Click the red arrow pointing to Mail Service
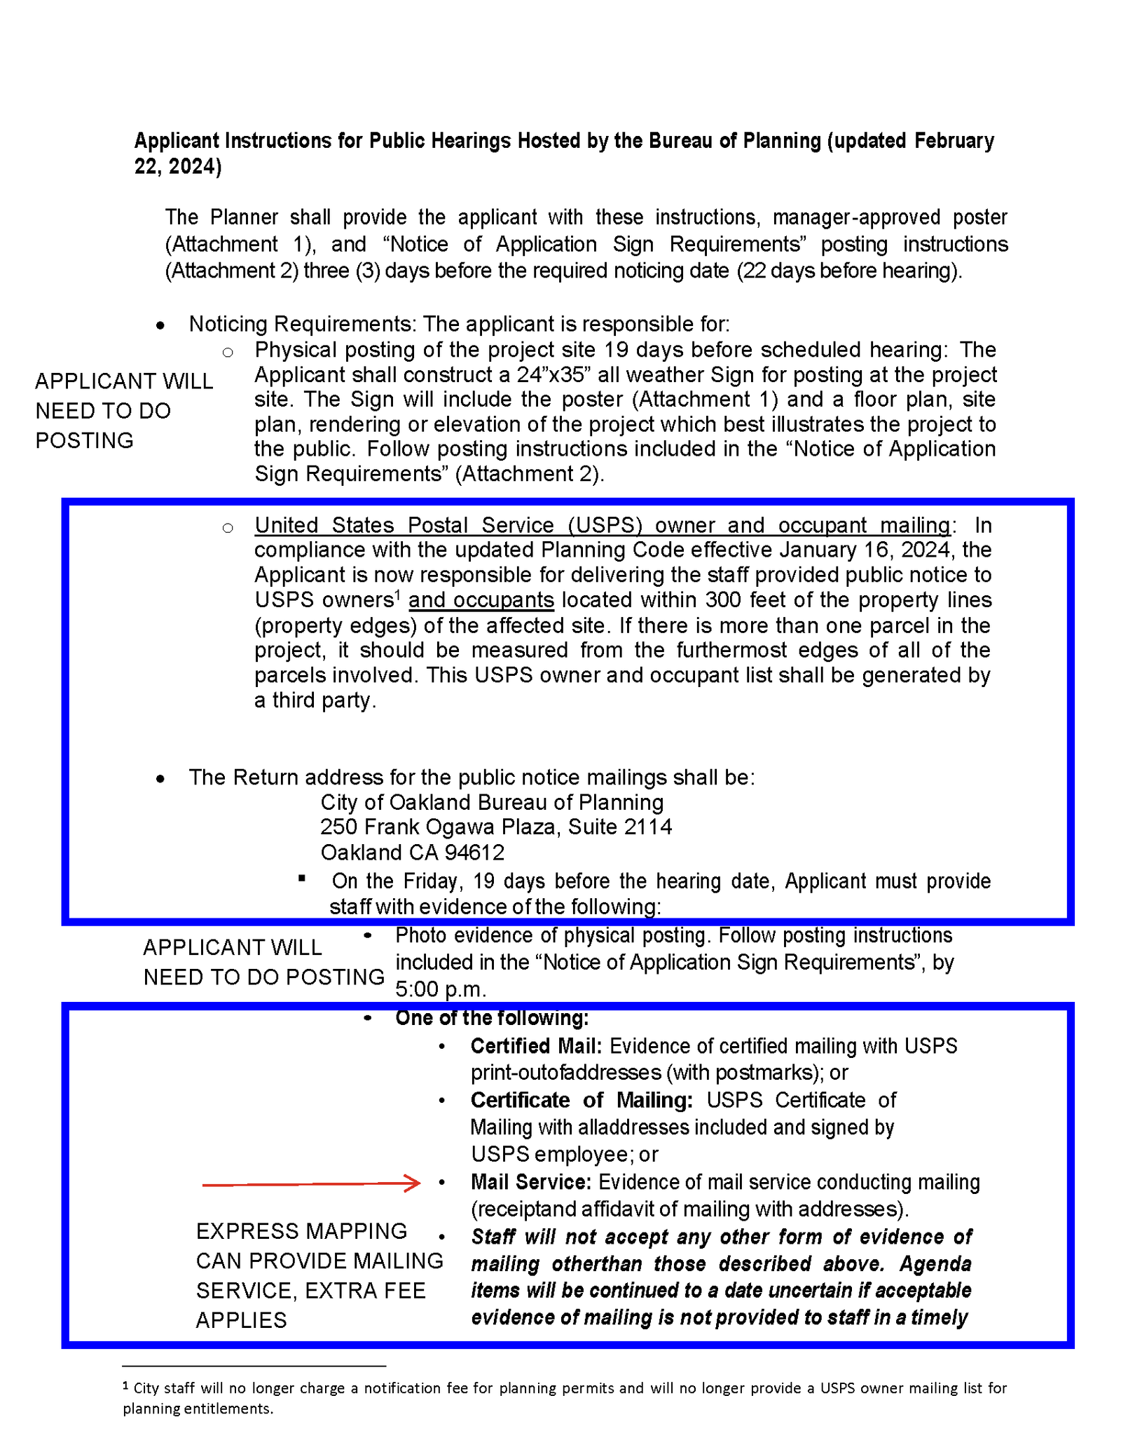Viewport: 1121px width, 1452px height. pyautogui.click(x=311, y=1184)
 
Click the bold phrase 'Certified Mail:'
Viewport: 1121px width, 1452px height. pyautogui.click(x=536, y=1046)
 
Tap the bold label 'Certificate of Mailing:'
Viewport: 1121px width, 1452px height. pyautogui.click(x=582, y=1100)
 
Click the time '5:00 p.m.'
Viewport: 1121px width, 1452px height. pyautogui.click(x=441, y=989)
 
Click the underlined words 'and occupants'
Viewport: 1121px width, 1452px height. pyautogui.click(x=481, y=600)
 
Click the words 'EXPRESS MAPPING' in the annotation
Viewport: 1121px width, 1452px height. pyautogui.click(x=301, y=1231)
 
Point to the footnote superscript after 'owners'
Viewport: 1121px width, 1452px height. pyautogui.click(x=397, y=595)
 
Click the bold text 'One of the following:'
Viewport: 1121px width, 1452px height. pyautogui.click(x=492, y=1018)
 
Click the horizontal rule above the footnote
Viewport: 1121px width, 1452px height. pyautogui.click(x=254, y=1366)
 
